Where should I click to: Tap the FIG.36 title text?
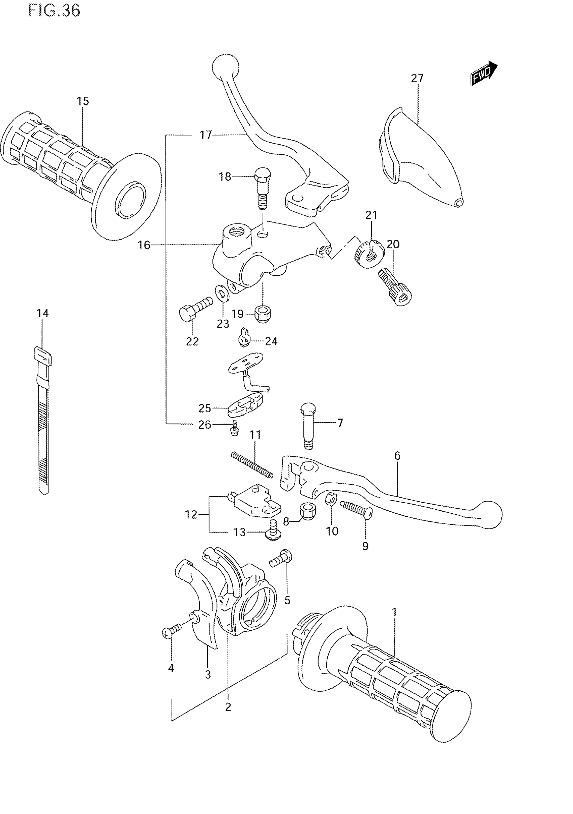[x=54, y=11]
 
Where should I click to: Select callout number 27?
[x=417, y=78]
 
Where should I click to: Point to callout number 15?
[x=83, y=101]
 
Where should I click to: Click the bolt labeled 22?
[x=195, y=308]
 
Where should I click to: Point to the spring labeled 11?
[x=251, y=464]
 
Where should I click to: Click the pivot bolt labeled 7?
[x=308, y=425]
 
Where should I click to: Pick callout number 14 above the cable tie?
[x=42, y=313]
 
